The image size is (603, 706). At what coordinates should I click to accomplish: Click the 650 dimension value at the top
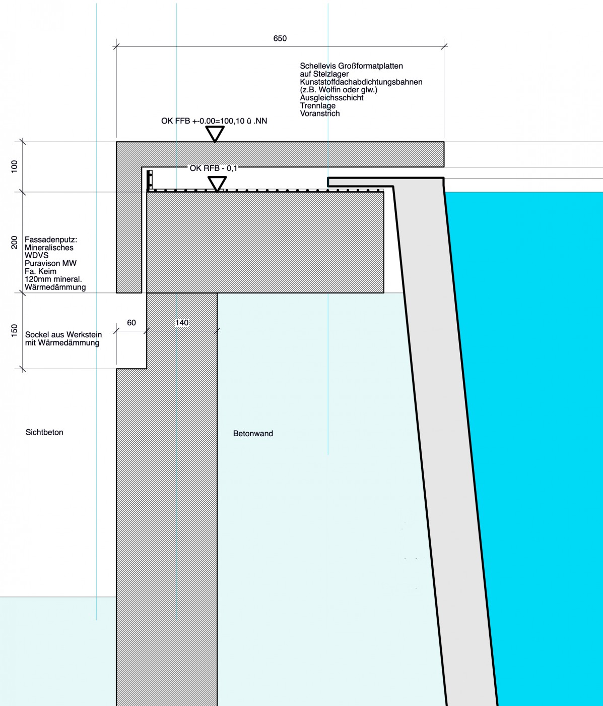pos(280,38)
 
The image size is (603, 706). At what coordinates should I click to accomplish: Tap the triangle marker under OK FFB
pos(215,134)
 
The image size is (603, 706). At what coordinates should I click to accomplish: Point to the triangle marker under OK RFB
pos(217,184)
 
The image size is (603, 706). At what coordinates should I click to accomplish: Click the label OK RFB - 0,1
pos(213,168)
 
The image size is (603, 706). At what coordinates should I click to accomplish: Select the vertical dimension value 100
pos(14,166)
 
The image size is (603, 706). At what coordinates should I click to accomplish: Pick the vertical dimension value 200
pos(14,242)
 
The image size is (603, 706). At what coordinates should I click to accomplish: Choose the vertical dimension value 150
pos(14,331)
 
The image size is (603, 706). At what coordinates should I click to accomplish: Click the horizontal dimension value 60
pos(131,323)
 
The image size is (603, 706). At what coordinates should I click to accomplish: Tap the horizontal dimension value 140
pos(182,323)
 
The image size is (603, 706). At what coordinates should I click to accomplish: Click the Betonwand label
pos(253,434)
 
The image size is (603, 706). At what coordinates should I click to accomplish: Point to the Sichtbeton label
pos(44,432)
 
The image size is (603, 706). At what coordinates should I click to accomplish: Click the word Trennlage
pos(318,105)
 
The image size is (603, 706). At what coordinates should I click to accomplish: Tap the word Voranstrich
pos(320,113)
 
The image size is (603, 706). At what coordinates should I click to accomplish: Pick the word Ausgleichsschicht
pos(331,98)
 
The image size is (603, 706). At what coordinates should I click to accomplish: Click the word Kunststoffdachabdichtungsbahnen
pos(361,82)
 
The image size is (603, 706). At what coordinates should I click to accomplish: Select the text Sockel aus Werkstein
pos(63,334)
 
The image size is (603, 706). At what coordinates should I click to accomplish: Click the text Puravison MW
pos(50,263)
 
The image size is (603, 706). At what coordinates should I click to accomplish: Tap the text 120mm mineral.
pos(53,279)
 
